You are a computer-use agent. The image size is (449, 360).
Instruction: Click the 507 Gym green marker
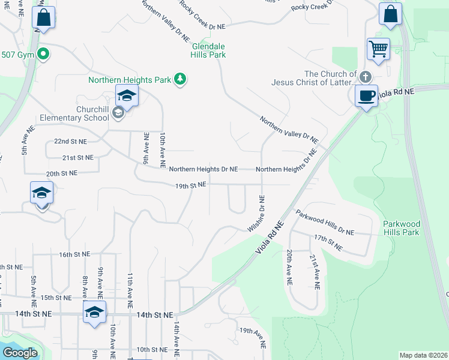(x=43, y=55)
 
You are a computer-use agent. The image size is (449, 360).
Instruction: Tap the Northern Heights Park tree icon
(x=179, y=79)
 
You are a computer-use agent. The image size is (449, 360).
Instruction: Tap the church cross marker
(x=366, y=76)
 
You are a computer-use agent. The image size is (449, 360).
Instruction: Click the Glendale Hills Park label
(x=200, y=50)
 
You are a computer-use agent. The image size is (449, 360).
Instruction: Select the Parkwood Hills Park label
(x=402, y=228)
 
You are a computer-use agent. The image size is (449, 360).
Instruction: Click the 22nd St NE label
(x=70, y=142)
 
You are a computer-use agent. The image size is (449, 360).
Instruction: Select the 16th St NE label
(x=73, y=255)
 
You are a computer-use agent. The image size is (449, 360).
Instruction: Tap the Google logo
(x=20, y=353)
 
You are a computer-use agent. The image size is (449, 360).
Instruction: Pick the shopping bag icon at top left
(x=43, y=17)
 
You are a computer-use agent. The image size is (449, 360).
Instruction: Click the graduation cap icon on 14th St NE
(x=94, y=312)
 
